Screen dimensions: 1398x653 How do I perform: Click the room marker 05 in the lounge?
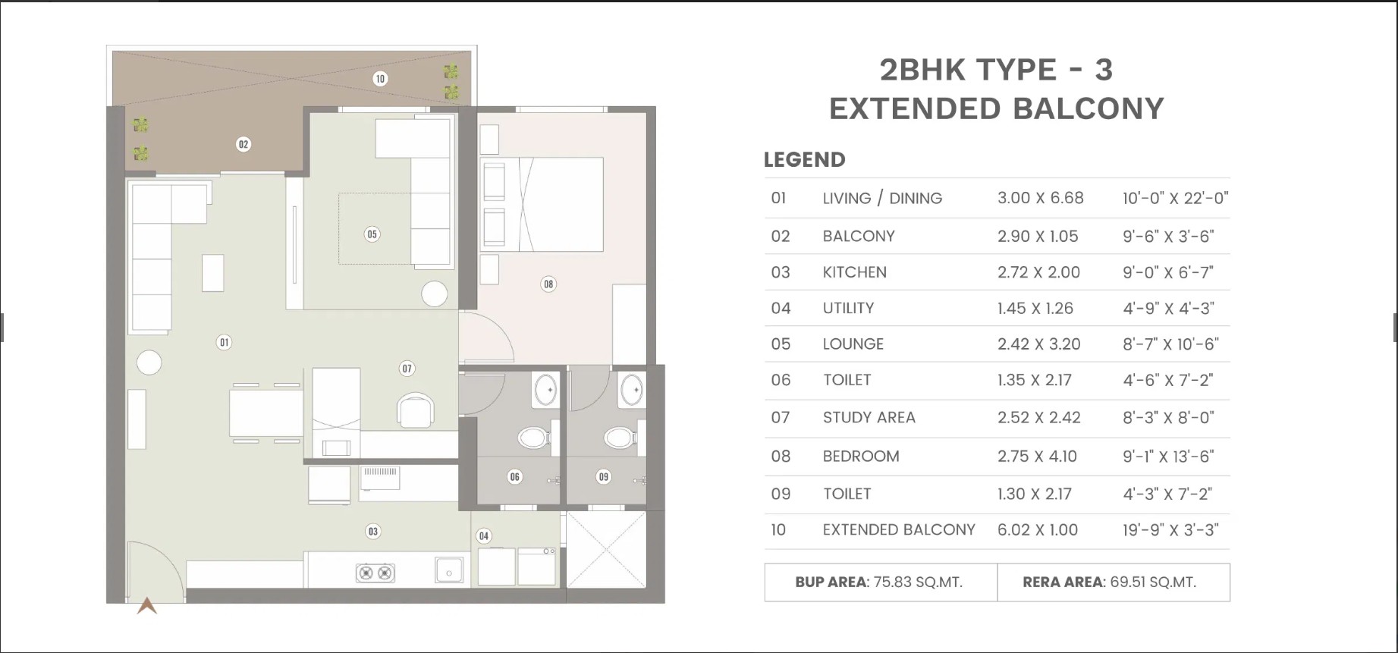372,234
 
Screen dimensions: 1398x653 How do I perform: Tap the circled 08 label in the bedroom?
548,284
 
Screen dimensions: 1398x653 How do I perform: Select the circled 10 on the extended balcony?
380,78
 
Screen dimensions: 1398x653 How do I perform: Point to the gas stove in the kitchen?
375,573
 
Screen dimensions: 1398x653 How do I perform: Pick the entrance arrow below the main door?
147,605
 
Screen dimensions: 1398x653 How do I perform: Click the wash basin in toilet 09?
631,391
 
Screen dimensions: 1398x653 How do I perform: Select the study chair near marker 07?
416,410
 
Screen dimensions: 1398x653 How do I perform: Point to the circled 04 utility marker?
484,536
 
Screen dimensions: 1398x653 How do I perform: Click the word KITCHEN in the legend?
855,272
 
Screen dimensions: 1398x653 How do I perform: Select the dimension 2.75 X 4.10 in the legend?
1037,457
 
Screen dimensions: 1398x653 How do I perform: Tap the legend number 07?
781,418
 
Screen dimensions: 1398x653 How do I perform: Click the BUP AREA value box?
881,582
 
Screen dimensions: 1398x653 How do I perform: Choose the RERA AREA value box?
1114,582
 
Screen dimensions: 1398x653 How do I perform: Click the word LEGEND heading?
804,160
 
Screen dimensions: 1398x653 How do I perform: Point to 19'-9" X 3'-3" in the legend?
1170,530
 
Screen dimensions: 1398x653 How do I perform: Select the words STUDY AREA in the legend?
869,418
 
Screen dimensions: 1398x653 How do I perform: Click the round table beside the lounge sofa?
435,294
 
